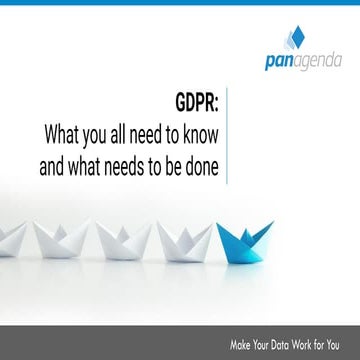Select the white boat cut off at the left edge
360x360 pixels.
point(8,237)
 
